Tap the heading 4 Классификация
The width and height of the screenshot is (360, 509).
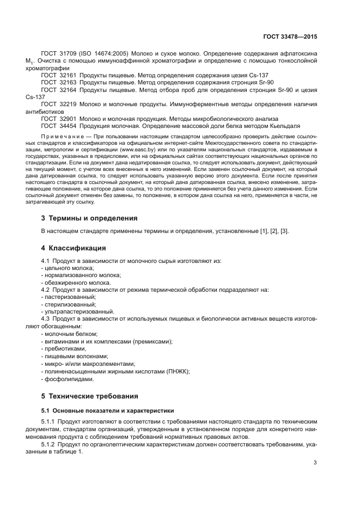(x=74, y=248)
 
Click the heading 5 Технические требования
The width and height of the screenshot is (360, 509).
(x=89, y=396)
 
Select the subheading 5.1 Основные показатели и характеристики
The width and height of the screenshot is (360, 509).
(x=107, y=410)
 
